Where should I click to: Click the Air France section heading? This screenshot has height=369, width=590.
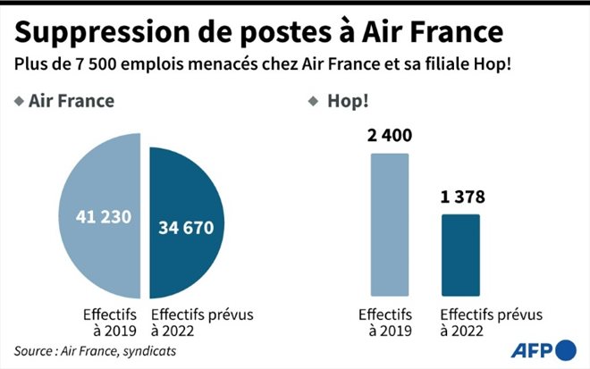tap(71, 101)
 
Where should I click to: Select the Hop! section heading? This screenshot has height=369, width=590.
tap(343, 101)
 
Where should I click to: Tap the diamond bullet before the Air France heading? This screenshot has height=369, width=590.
tap(19, 101)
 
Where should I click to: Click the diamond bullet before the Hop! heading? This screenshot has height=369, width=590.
tap(312, 101)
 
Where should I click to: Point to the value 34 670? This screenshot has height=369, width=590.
tap(186, 228)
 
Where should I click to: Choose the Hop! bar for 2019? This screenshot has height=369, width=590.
tap(390, 223)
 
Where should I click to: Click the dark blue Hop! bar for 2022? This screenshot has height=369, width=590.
tap(461, 255)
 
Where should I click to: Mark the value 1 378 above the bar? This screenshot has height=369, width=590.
tap(461, 198)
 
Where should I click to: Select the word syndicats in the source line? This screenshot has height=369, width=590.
tap(149, 350)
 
